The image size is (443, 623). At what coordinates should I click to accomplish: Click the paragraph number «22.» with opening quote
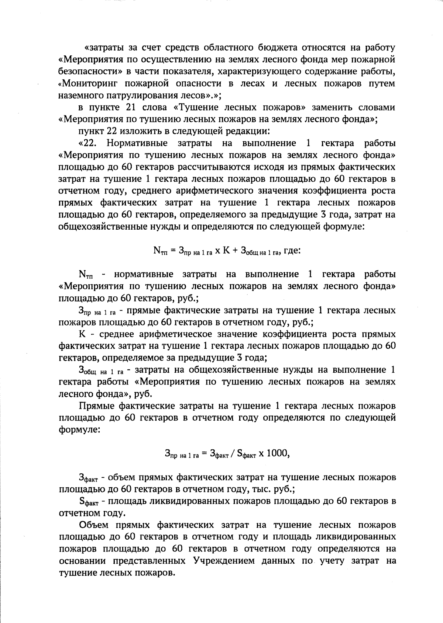[87, 143]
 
